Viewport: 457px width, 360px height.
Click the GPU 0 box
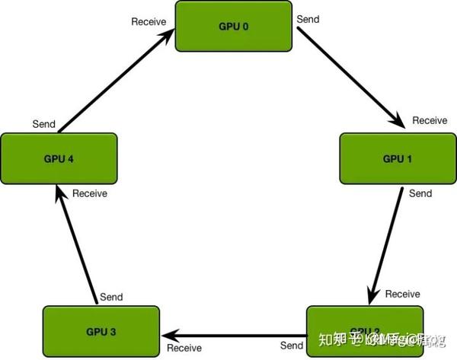[x=234, y=27]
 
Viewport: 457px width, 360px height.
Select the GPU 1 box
[x=397, y=159]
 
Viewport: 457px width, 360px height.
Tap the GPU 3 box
[x=101, y=333]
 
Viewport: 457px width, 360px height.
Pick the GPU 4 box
[x=59, y=159]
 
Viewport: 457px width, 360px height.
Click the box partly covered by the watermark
[x=363, y=333]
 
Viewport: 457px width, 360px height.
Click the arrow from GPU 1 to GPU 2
[x=386, y=244]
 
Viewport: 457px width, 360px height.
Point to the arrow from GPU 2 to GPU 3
[x=235, y=334]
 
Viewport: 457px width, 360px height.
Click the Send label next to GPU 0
[x=308, y=18]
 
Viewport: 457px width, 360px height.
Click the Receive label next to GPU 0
[x=149, y=21]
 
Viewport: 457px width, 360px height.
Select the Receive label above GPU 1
[x=430, y=120]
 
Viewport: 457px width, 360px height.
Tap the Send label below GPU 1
[x=420, y=194]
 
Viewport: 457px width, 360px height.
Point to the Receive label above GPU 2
[x=403, y=294]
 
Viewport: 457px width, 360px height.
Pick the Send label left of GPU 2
[x=291, y=346]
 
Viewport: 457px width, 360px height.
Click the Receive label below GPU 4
[x=90, y=193]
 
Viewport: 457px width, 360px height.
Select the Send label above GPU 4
[x=43, y=123]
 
